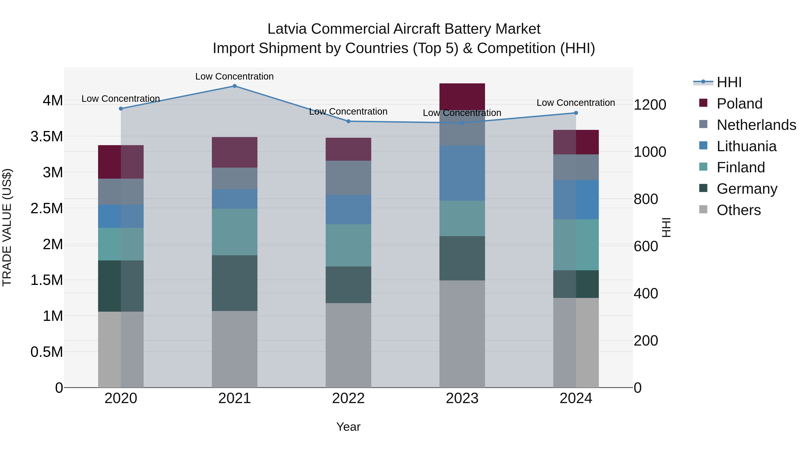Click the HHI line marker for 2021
234,86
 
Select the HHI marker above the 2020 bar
121,109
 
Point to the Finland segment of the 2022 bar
348,245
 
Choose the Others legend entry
738,210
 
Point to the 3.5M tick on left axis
46,137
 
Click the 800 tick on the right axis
646,199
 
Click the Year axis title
348,427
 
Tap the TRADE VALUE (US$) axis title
7,227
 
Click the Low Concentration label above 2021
234,76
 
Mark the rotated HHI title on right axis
666,227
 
